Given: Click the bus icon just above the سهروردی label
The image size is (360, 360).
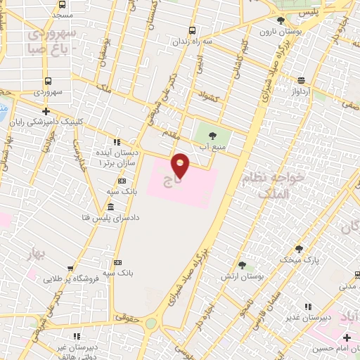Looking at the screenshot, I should pyautogui.click(x=47, y=81).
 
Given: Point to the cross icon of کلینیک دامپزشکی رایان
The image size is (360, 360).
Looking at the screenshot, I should pyautogui.click(x=46, y=111).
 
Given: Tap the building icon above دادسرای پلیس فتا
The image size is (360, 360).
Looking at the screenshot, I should pyautogui.click(x=110, y=207).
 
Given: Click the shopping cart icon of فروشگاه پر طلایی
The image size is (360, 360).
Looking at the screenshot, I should pyautogui.click(x=70, y=268).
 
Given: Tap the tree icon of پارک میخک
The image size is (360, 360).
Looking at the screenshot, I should pyautogui.click(x=299, y=249).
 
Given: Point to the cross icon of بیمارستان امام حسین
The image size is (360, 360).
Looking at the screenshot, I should pyautogui.click(x=347, y=337).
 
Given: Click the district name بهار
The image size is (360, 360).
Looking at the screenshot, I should pyautogui.click(x=37, y=251).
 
